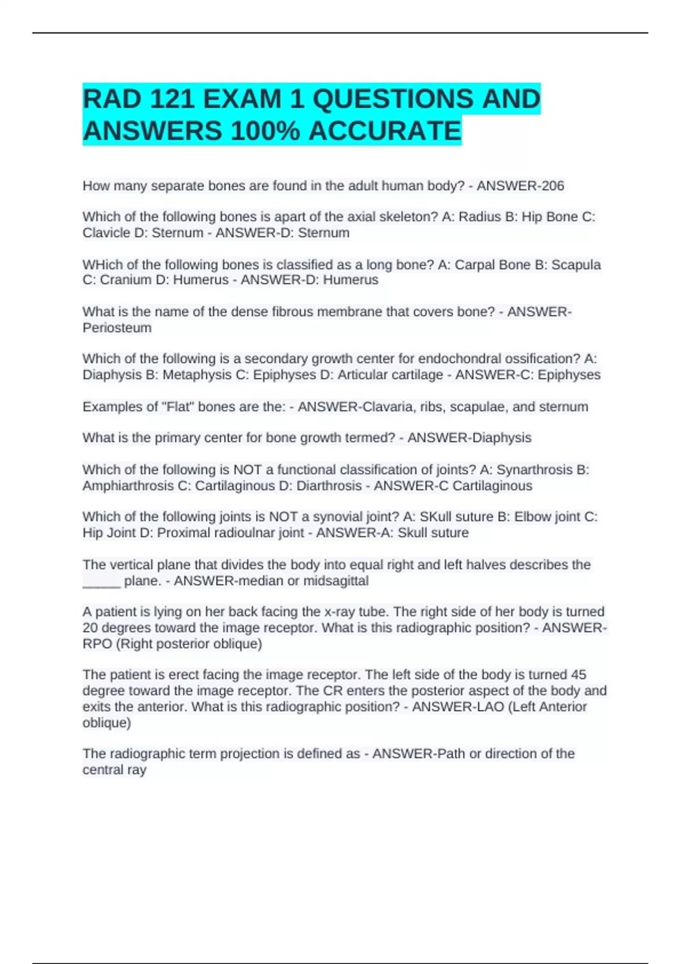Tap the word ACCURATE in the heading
[x=385, y=132]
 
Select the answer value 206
[x=553, y=186]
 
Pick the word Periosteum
[x=117, y=328]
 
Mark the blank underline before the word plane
[x=102, y=582]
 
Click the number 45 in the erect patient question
[x=578, y=675]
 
